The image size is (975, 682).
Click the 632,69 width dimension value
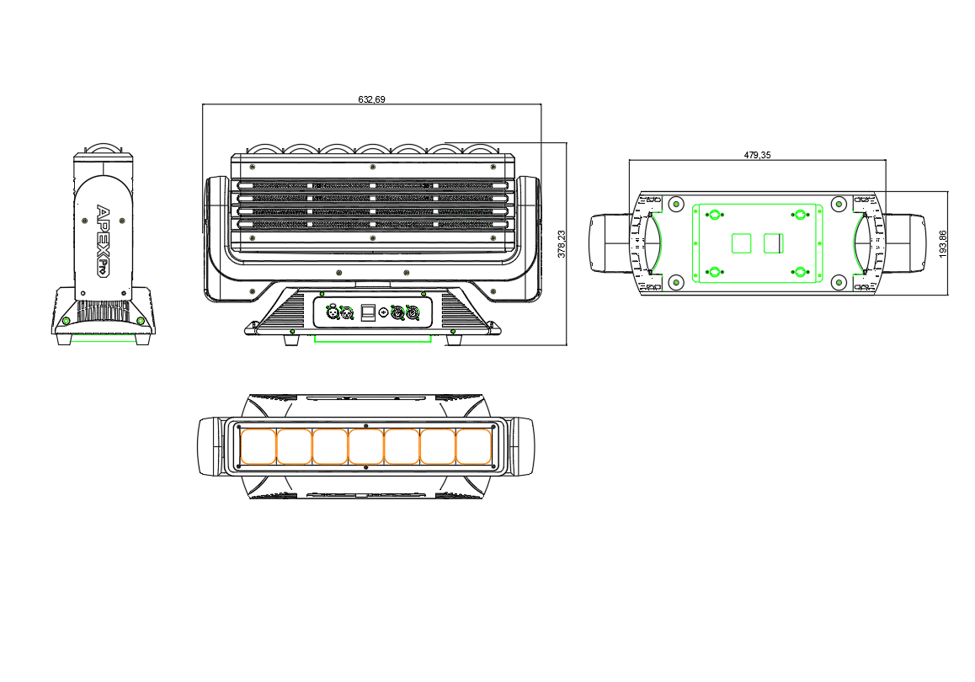[x=371, y=99]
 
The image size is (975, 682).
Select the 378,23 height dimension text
[x=562, y=243]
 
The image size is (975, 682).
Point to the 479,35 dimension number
[x=757, y=155]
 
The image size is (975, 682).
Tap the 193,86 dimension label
[x=943, y=243]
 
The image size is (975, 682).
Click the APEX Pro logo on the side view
[x=102, y=241]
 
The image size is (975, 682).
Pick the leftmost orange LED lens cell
[x=258, y=446]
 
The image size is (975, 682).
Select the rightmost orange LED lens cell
[x=474, y=446]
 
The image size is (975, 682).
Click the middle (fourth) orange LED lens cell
[x=365, y=446]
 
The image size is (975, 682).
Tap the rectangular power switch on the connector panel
[x=368, y=312]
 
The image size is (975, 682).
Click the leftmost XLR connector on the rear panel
[x=333, y=312]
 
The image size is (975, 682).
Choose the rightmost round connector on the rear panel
[x=413, y=312]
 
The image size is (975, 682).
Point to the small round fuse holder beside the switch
[x=383, y=312]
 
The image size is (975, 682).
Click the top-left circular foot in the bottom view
[x=675, y=203]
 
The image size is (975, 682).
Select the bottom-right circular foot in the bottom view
[x=839, y=282]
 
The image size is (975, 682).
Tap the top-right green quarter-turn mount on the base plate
[x=800, y=215]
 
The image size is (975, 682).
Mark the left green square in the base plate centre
[x=741, y=243]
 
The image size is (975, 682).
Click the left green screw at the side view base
[x=66, y=321]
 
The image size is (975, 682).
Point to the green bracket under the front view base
[x=372, y=339]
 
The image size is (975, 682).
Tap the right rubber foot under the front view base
[x=454, y=340]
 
